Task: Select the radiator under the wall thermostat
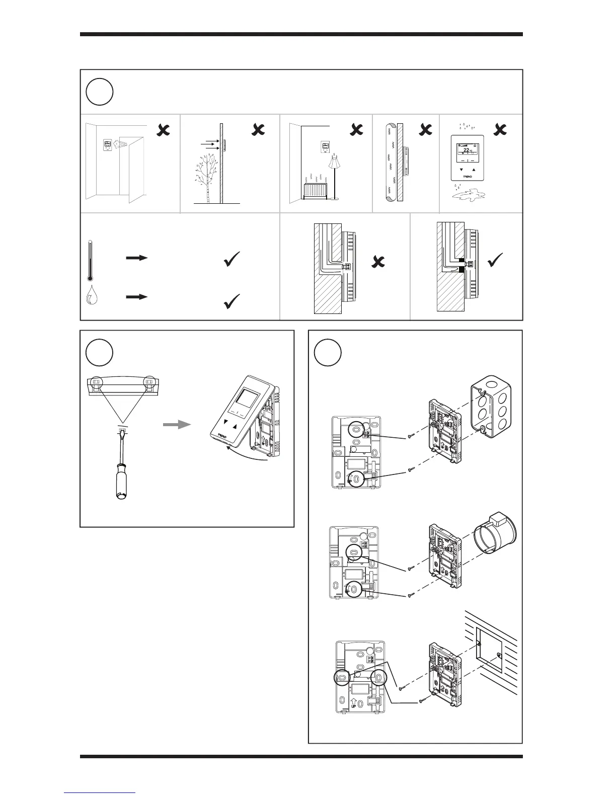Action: tap(315, 191)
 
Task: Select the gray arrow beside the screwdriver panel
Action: tap(177, 425)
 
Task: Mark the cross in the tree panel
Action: tap(258, 130)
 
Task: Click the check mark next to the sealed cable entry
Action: tap(496, 261)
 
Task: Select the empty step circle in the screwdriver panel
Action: tap(100, 352)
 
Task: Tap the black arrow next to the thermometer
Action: tap(137, 258)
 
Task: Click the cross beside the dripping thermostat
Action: tap(500, 130)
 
